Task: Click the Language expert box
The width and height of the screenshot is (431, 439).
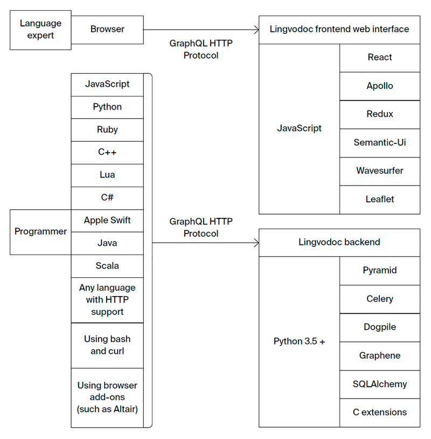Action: pos(40,30)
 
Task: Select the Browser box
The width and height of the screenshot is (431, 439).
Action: pos(107,30)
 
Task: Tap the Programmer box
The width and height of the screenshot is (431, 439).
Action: pos(40,232)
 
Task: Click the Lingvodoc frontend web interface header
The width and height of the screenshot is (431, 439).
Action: pos(339,30)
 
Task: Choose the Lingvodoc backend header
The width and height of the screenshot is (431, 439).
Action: pos(339,242)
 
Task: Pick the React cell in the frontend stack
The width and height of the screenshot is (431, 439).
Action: pos(379,58)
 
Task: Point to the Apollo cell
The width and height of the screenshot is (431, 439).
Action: pos(379,86)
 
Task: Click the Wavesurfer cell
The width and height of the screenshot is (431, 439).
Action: pos(379,171)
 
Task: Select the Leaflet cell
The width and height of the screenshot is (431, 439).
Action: pos(379,200)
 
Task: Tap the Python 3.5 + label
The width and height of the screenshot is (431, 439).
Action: pos(299,342)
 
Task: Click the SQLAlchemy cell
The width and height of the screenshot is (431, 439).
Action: pos(379,385)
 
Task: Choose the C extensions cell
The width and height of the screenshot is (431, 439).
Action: pos(379,413)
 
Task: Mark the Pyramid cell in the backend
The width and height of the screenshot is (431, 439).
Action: pos(379,271)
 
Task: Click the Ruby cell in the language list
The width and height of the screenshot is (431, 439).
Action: pos(107,130)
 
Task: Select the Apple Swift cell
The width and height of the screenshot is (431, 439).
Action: pos(107,221)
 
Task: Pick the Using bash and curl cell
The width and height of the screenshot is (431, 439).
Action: pos(107,345)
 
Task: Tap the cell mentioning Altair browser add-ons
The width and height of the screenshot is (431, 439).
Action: pos(107,397)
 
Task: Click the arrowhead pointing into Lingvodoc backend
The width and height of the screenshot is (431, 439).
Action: pos(255,243)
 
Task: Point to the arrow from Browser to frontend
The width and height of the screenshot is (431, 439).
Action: pos(199,30)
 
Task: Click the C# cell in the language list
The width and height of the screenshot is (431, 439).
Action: pos(107,198)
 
